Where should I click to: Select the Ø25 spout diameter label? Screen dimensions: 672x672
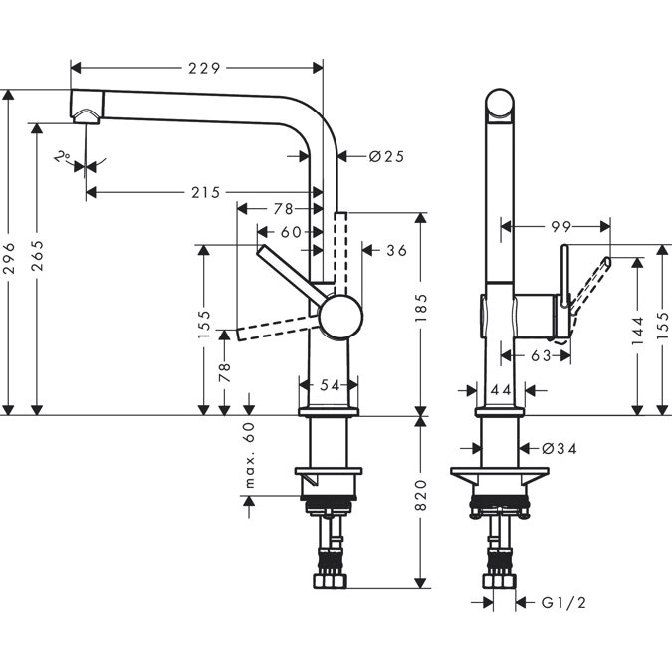click(x=385, y=156)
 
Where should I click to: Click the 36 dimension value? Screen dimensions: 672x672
click(x=396, y=250)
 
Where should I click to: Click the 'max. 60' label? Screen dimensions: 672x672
click(x=250, y=455)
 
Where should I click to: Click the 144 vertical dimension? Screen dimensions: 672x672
click(x=636, y=334)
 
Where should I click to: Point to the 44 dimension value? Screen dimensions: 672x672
click(x=501, y=390)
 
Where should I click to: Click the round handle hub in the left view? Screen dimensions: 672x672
click(x=341, y=318)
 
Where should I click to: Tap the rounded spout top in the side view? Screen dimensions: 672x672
click(x=501, y=105)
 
